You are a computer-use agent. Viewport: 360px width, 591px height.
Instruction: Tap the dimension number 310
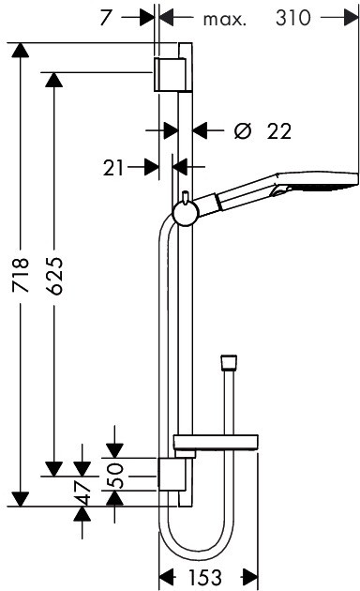click(293, 18)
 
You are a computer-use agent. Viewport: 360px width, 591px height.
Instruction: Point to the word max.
click(224, 19)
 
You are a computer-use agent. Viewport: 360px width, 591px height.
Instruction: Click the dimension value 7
click(105, 18)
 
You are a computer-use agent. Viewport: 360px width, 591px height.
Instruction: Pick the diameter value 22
click(279, 131)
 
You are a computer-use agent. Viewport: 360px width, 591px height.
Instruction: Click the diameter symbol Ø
click(242, 131)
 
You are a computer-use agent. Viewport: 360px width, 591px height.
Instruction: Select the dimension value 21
click(113, 168)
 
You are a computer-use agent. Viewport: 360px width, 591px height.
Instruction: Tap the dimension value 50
click(115, 476)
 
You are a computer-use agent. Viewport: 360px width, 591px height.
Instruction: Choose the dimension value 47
click(82, 492)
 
